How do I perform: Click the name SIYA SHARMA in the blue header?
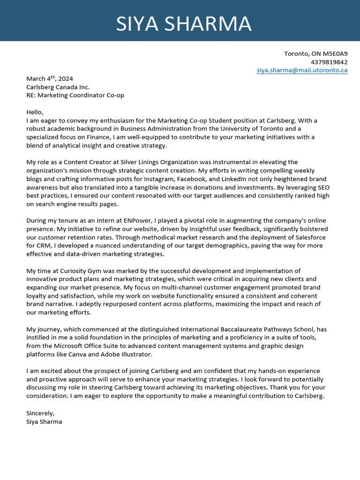pyautogui.click(x=184, y=24)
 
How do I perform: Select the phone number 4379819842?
pyautogui.click(x=329, y=62)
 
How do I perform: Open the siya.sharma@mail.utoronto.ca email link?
pyautogui.click(x=302, y=70)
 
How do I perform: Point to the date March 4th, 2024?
pyautogui.click(x=50, y=79)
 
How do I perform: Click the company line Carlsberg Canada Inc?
pyautogui.click(x=58, y=87)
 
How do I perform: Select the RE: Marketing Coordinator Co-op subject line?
pyautogui.click(x=75, y=95)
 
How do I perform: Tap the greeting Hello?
pyautogui.click(x=35, y=112)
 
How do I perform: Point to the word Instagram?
pyautogui.click(x=159, y=179)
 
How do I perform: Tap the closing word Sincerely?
pyautogui.click(x=40, y=413)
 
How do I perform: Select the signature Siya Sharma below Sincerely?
pyautogui.click(x=44, y=421)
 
